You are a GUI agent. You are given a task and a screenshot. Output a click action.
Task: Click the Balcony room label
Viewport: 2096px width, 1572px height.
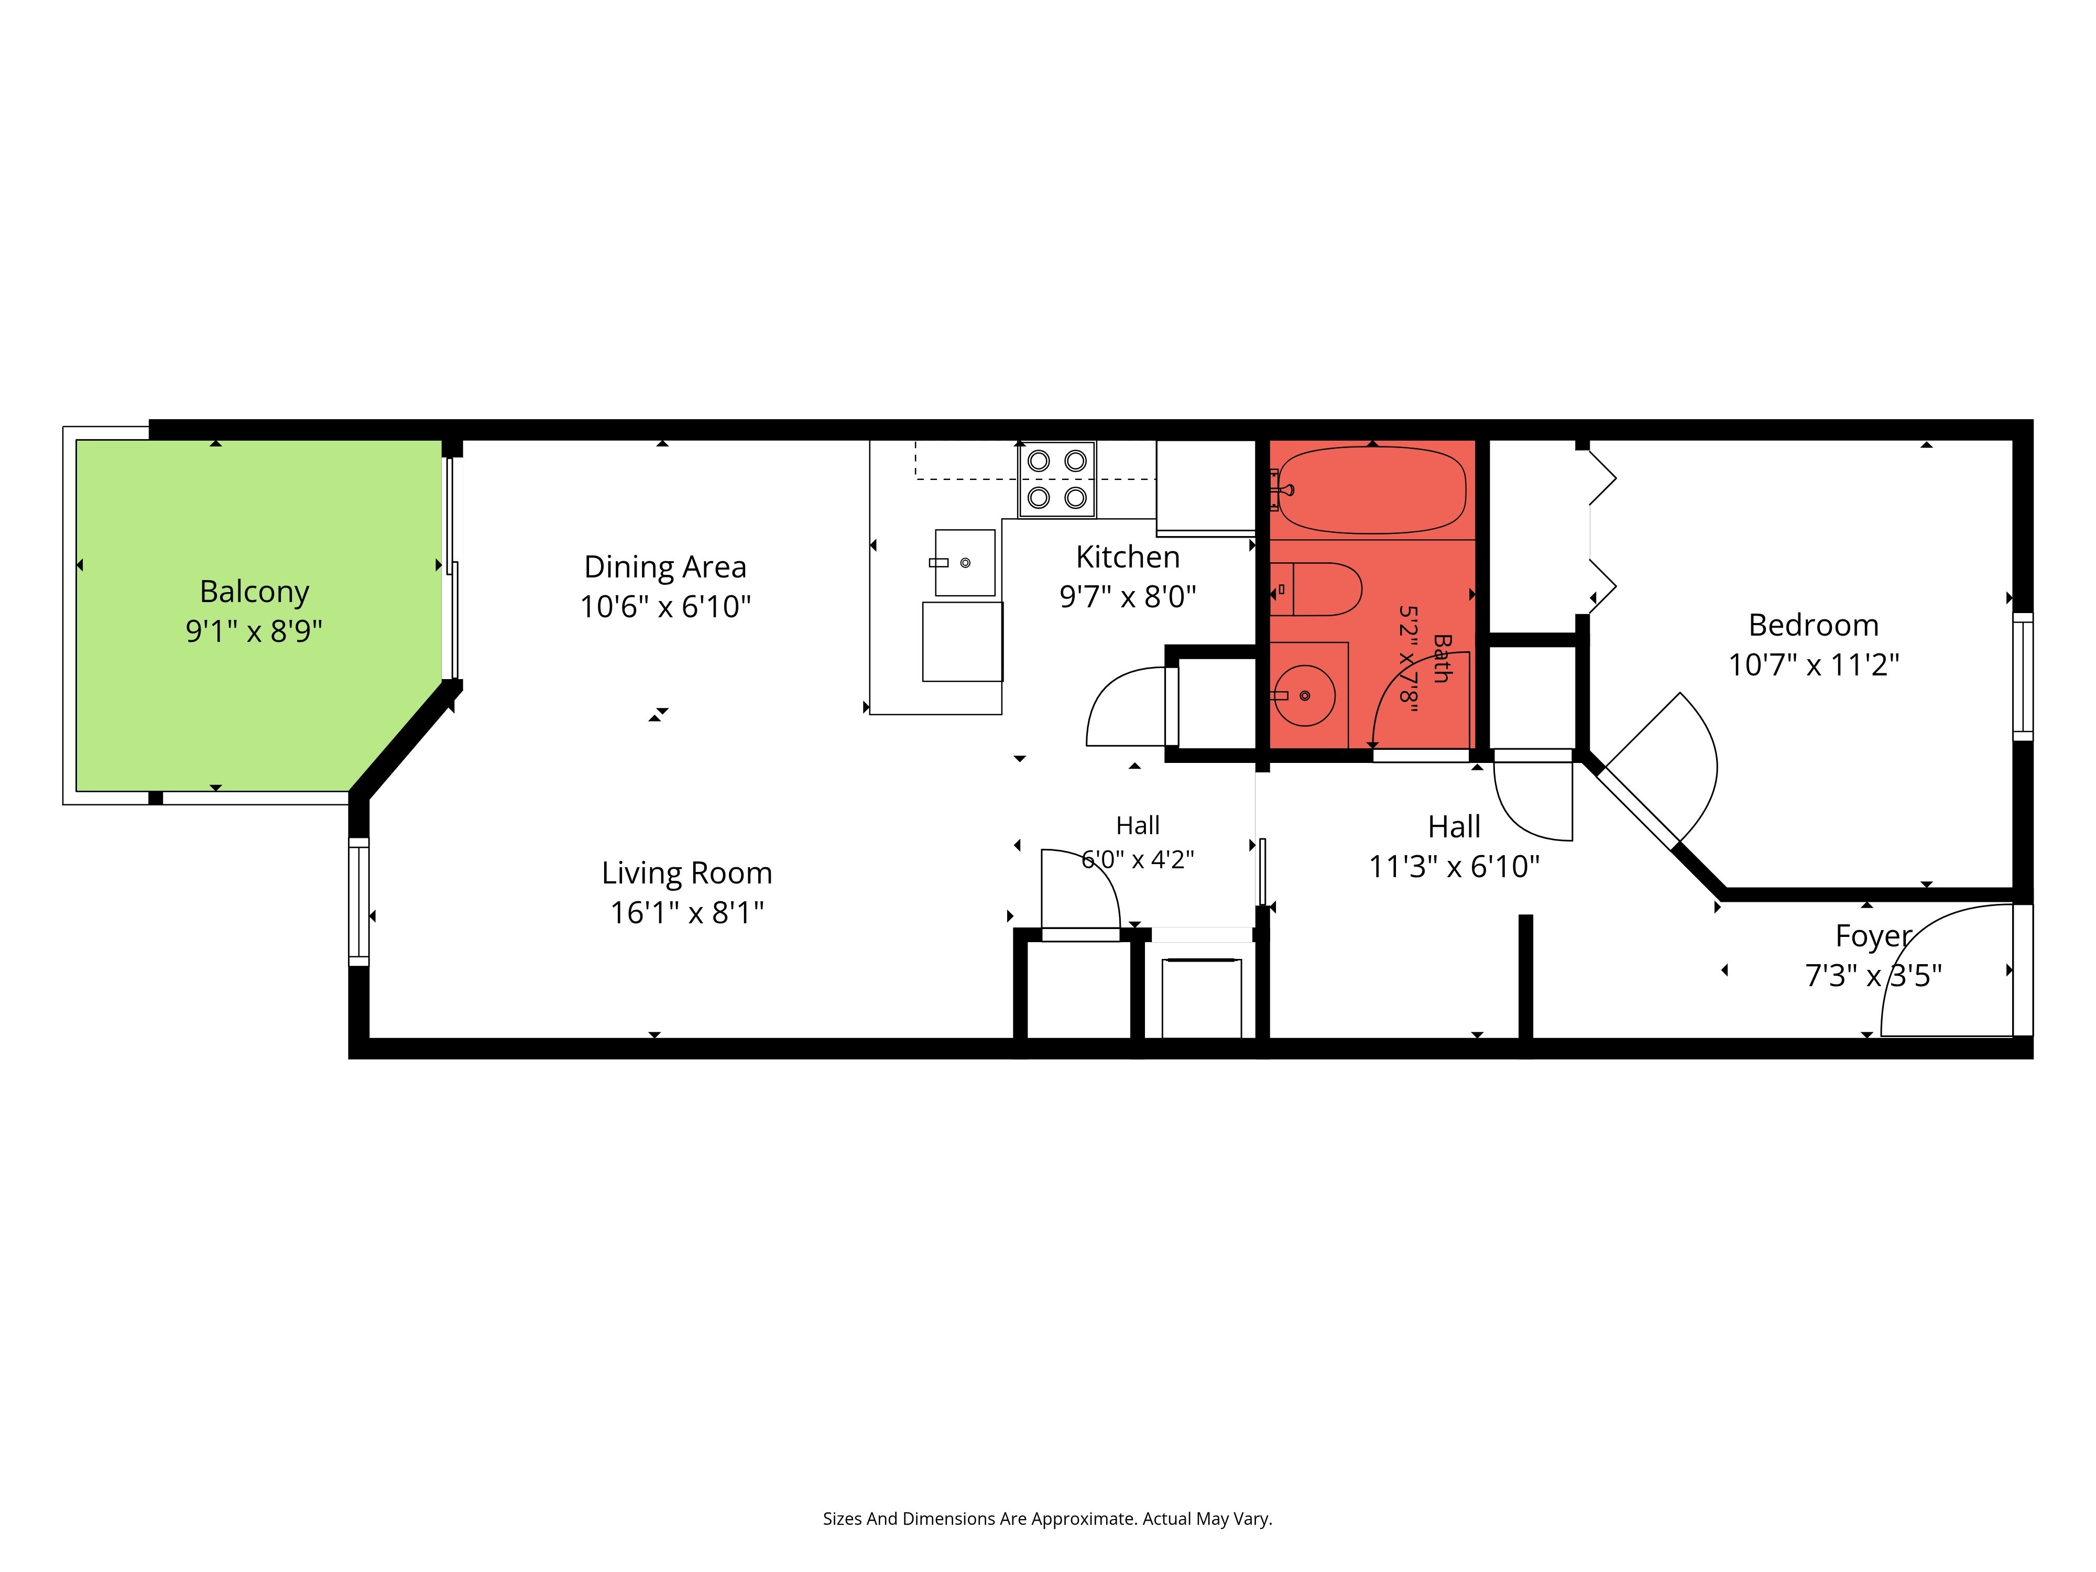254,591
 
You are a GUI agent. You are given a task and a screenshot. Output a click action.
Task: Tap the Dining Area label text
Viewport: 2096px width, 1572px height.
665,566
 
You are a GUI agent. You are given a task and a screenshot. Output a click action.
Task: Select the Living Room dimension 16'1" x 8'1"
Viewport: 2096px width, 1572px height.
687,912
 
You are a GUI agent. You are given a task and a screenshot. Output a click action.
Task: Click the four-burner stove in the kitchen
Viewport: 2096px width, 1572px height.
1056,479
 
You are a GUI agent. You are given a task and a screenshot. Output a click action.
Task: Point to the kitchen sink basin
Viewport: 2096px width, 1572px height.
965,563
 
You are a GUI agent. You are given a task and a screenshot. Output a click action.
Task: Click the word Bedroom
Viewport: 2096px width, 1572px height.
1813,625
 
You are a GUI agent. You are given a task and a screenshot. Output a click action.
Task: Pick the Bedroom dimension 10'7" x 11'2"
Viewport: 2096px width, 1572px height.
1814,665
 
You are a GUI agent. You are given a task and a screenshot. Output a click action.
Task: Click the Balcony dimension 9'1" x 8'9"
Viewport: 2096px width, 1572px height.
254,631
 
